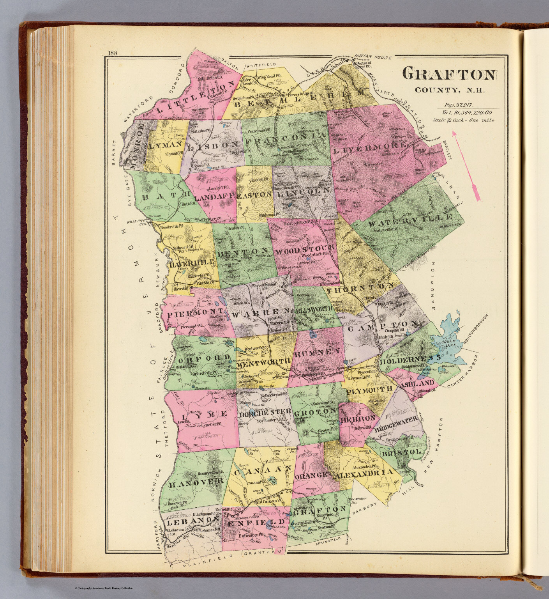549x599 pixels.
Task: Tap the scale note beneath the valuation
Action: tap(463, 120)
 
